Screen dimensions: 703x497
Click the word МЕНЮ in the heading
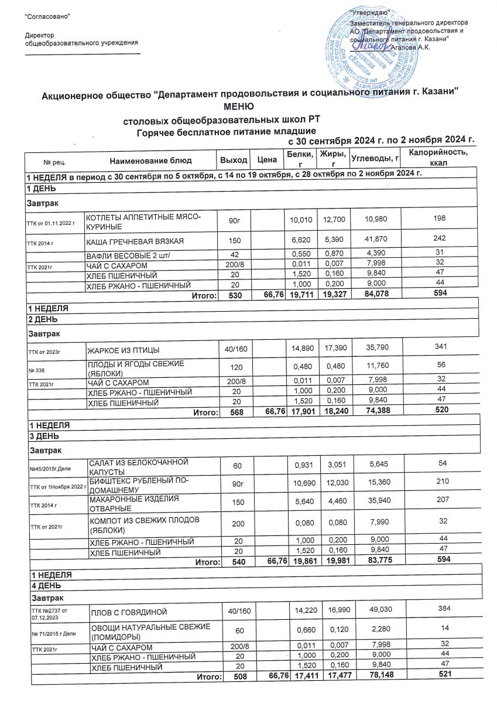tap(238, 107)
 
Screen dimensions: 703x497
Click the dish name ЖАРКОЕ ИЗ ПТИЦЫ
tap(124, 350)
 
